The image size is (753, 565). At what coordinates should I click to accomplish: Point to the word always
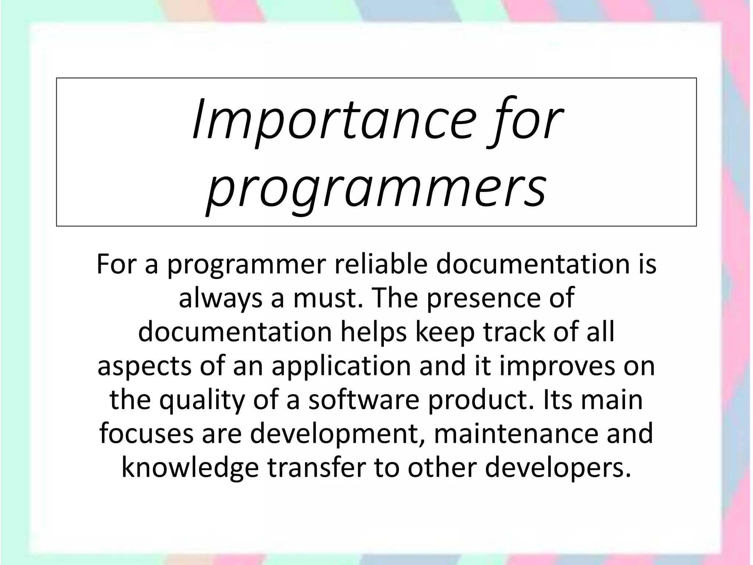(x=221, y=298)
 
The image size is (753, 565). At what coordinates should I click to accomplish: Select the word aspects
(x=144, y=366)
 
